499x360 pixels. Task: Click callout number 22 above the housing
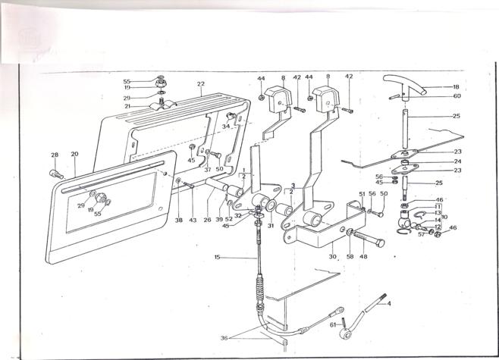point(201,84)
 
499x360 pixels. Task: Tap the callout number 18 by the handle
point(457,87)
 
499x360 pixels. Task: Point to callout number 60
point(457,96)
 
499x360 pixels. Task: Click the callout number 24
point(457,161)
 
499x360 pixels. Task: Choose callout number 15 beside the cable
point(217,258)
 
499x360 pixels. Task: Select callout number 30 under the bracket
point(332,257)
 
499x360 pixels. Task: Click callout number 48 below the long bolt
point(364,256)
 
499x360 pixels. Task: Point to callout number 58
point(350,256)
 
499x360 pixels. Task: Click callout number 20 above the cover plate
point(74,154)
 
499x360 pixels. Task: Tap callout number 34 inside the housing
point(225,127)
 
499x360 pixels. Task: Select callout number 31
point(270,225)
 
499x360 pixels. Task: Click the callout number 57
point(422,234)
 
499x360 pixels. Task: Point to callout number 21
point(127,106)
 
